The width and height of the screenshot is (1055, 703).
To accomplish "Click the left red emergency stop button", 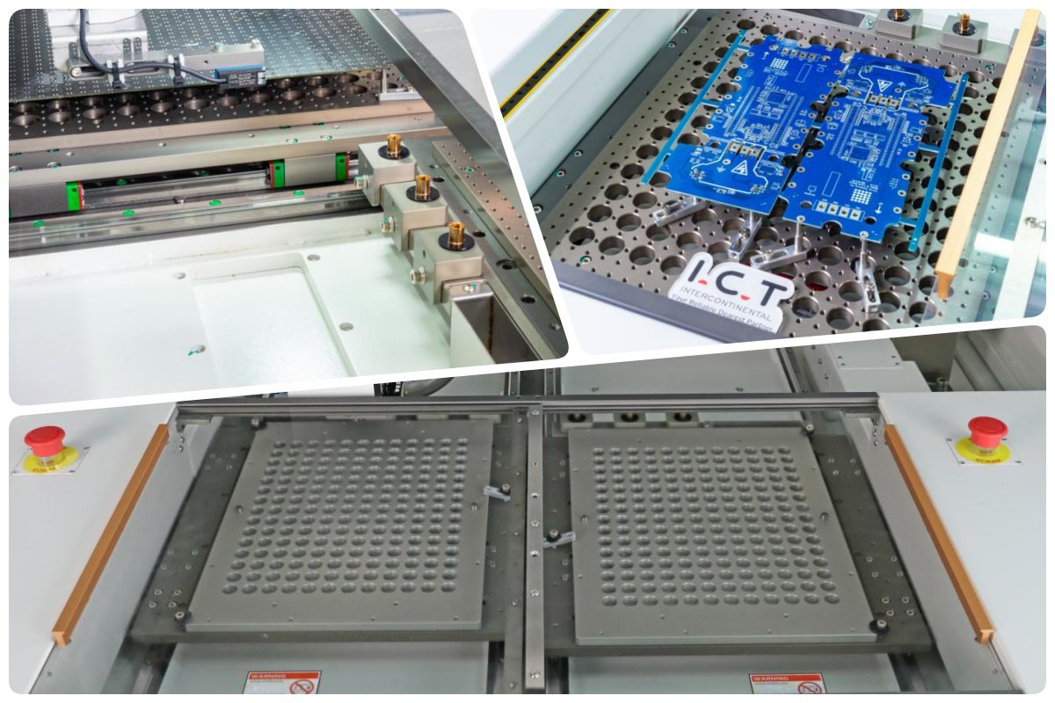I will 45,437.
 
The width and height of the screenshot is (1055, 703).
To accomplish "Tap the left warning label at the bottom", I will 281,682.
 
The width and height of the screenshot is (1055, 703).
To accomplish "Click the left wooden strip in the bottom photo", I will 110,533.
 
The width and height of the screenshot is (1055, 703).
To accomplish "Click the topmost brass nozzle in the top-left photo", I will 394,145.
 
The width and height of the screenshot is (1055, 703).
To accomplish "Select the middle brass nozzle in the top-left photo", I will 423,186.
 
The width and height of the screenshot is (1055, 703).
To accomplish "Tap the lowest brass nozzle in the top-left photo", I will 456,234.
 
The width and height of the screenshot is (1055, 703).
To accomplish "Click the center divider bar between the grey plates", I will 534,545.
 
